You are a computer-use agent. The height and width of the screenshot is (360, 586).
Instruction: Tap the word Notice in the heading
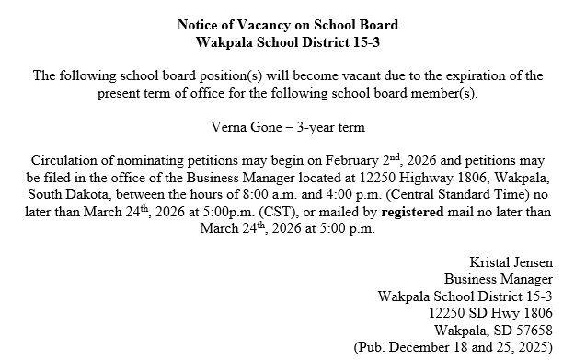199,24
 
